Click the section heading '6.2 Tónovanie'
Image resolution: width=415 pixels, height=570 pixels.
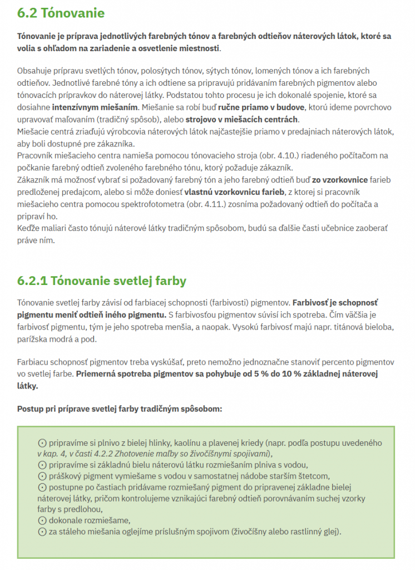(x=61, y=12)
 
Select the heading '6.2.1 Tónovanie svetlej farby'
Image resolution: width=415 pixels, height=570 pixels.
(x=102, y=281)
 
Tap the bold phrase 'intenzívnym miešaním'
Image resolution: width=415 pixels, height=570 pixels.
(x=88, y=106)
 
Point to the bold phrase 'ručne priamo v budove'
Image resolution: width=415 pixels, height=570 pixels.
(x=261, y=106)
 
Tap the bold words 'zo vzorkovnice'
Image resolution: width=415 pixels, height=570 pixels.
(x=340, y=180)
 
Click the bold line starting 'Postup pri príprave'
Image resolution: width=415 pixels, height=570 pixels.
(x=120, y=409)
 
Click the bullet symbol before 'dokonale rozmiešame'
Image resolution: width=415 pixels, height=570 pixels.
(x=42, y=520)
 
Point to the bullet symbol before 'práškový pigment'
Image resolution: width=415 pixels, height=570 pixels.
(x=42, y=476)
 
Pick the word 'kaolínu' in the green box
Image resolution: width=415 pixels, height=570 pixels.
(x=190, y=443)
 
